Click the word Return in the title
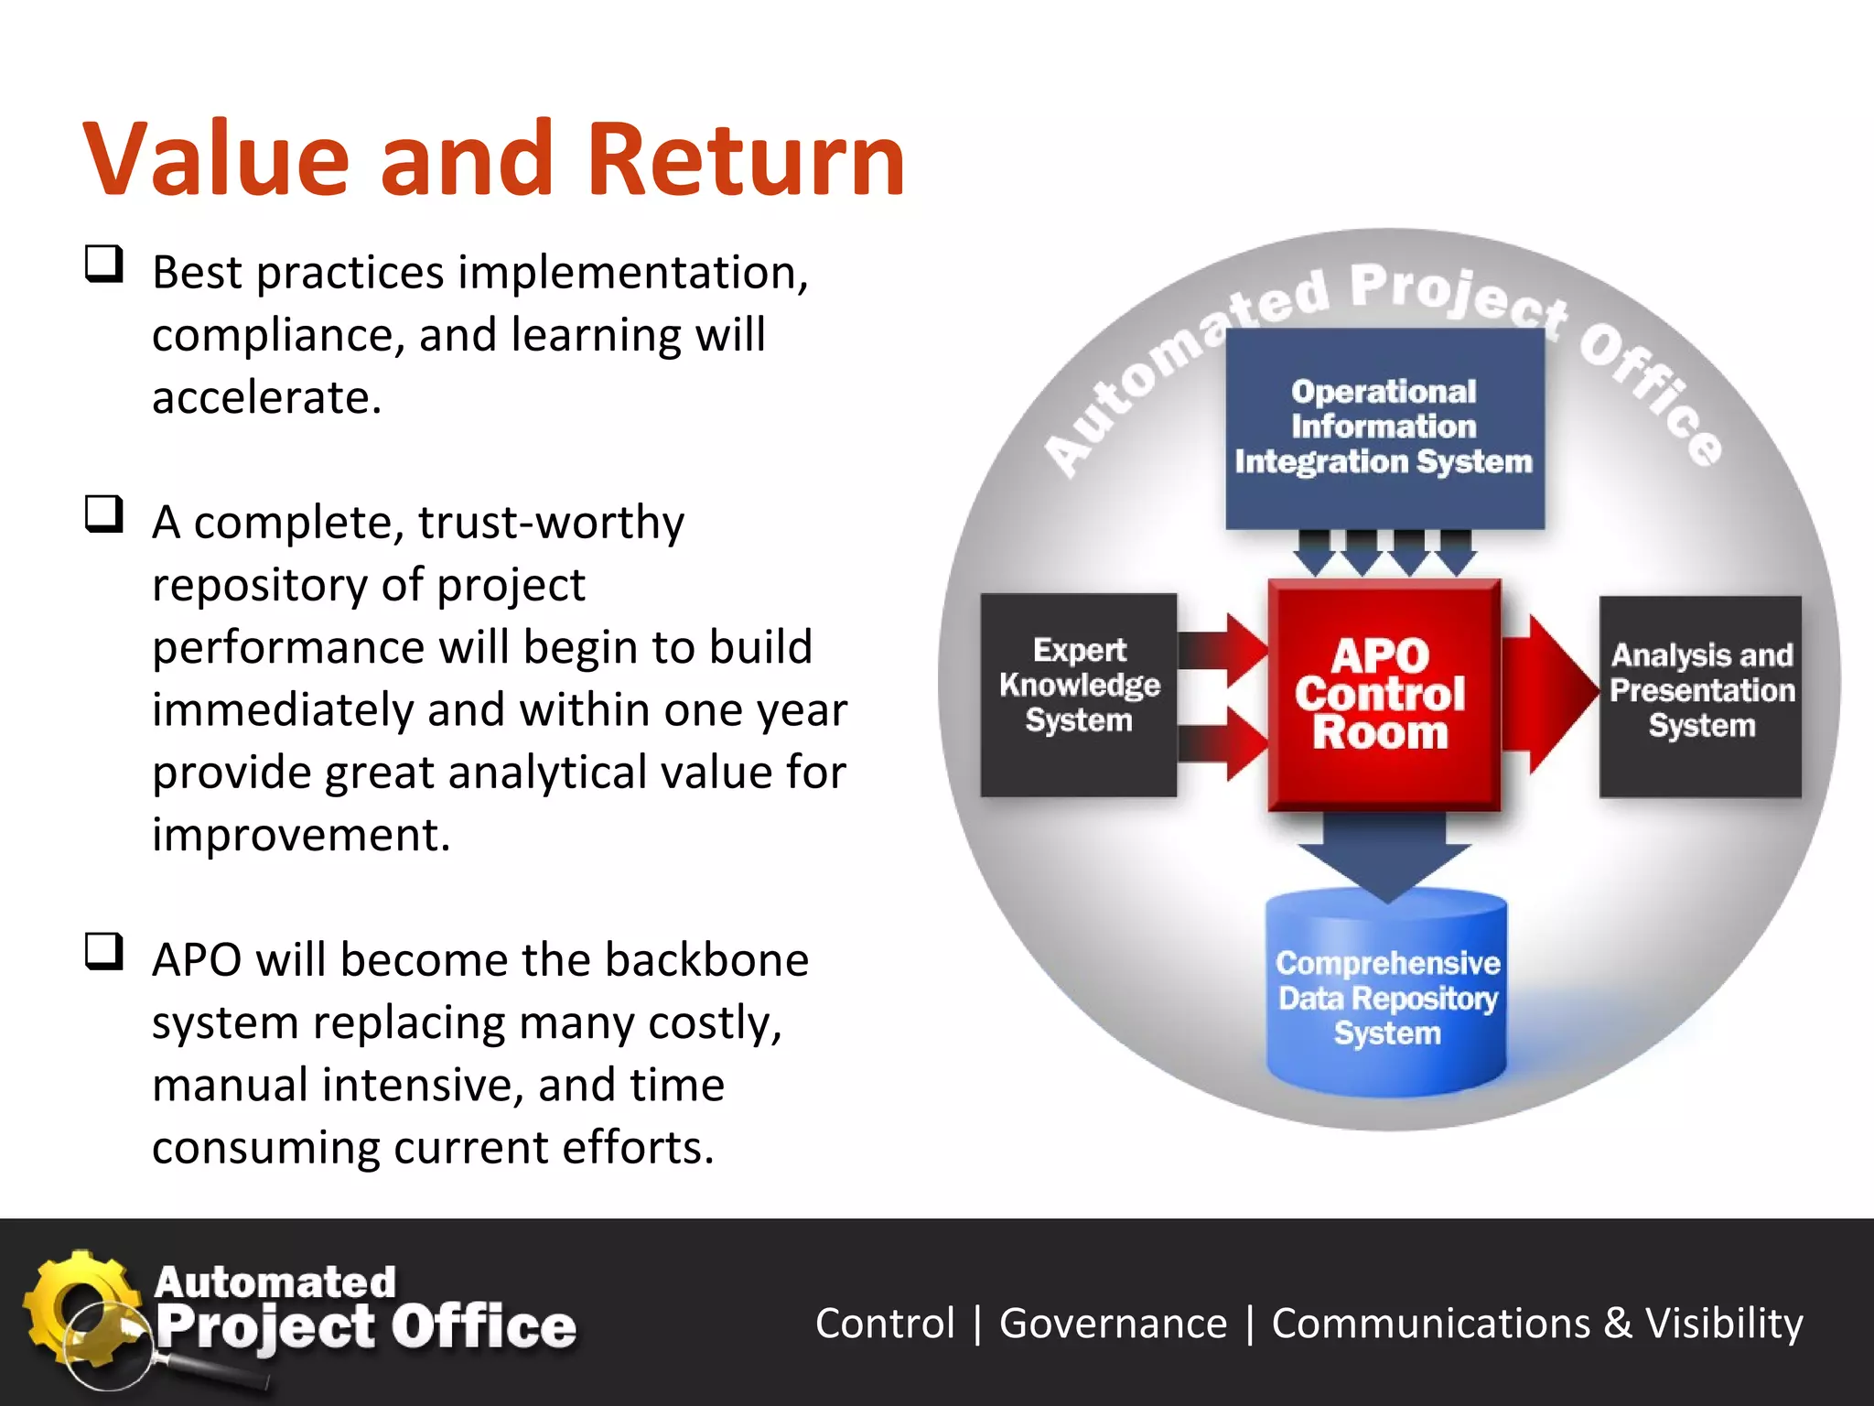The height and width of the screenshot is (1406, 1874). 746,160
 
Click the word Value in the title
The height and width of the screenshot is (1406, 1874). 217,160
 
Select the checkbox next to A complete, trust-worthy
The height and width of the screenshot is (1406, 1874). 103,514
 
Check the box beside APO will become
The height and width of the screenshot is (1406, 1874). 103,951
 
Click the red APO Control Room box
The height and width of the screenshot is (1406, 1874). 1383,695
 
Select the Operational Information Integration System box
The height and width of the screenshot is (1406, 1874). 1384,427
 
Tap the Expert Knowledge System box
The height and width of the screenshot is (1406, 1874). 1078,695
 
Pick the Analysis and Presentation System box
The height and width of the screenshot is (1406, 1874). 1700,696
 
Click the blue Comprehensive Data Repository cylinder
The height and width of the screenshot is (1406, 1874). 1386,998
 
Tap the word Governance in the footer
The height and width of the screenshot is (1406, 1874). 1113,1324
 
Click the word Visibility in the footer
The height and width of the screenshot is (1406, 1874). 1724,1324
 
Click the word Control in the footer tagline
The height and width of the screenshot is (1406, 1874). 885,1324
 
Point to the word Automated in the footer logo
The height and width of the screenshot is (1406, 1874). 275,1282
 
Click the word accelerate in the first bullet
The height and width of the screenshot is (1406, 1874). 265,398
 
